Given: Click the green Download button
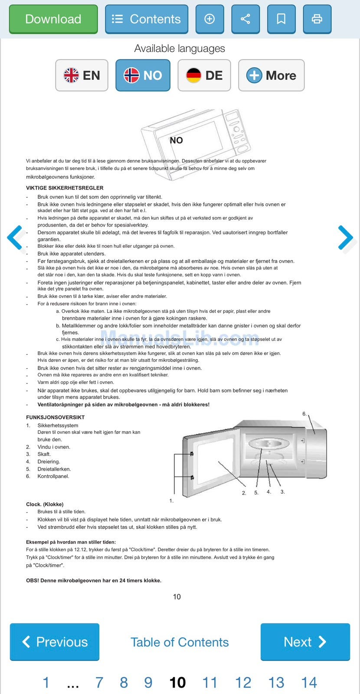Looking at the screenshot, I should coord(53,19).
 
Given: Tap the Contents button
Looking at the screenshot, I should coord(146,19).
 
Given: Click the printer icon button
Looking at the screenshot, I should coord(317,19).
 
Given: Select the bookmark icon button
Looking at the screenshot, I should coord(281,19).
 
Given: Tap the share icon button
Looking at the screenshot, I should coord(245,19).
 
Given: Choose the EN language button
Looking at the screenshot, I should coord(82,75).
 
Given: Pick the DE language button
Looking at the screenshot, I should coord(204,75).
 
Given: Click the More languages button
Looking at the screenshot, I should coord(271,75).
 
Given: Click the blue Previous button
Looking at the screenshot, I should coord(55,642).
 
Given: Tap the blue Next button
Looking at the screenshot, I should coord(305,642).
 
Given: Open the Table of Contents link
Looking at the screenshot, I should coord(180,642).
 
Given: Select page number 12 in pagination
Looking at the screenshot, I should coord(243,683).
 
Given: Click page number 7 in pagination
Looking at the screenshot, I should coord(99,683).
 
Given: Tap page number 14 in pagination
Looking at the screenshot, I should coord(309,683).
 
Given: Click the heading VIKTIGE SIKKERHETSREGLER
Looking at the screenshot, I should coord(65,188).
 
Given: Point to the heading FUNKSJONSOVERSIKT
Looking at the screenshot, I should coord(55,418).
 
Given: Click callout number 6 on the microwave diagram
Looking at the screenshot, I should coord(304,414).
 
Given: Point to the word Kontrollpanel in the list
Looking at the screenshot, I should coord(53,476).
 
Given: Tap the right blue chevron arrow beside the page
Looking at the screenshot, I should coord(345,237).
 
